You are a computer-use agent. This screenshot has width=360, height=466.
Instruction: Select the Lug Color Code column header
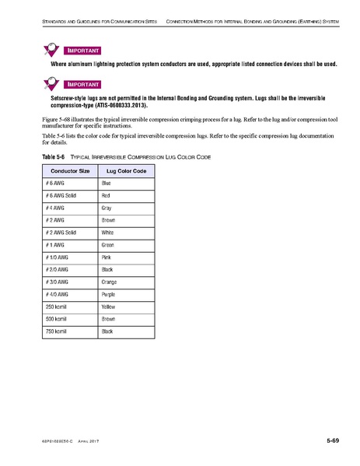[127, 169]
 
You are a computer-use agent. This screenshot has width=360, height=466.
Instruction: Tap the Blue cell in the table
[107, 182]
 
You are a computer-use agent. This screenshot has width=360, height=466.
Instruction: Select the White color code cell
[107, 233]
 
